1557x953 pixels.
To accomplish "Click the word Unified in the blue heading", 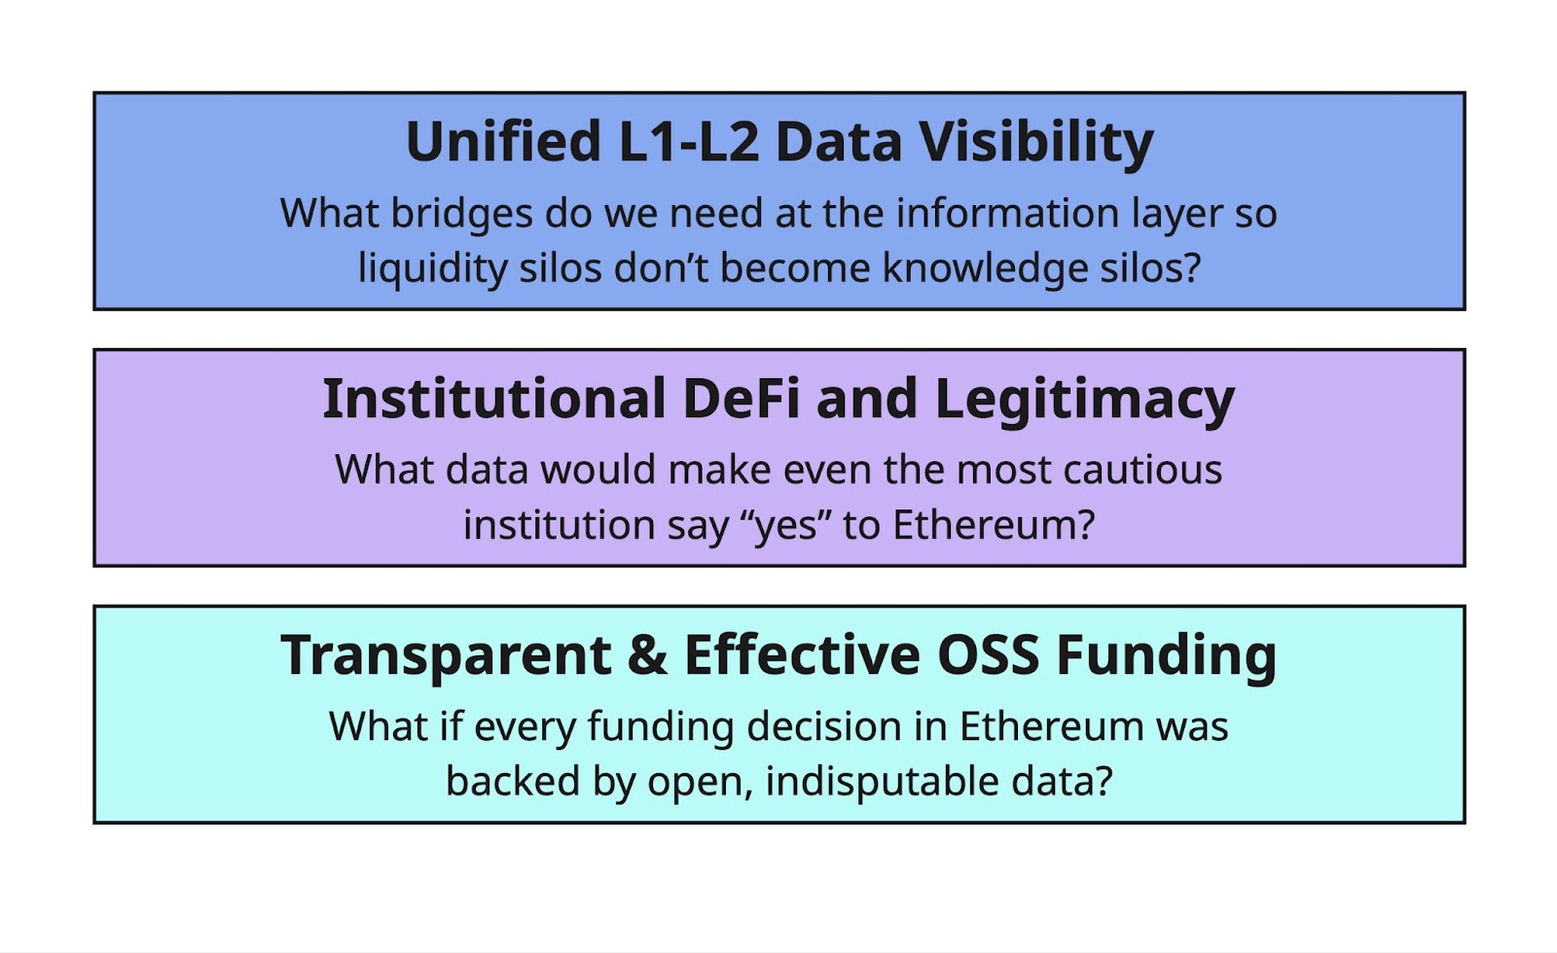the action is click(503, 141).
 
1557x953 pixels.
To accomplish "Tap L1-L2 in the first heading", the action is click(688, 141).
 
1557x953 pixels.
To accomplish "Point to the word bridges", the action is click(461, 213).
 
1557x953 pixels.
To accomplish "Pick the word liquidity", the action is click(432, 268).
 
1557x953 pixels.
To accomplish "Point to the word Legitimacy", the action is click(1085, 401).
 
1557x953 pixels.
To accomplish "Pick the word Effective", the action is click(803, 655).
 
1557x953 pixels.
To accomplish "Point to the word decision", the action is click(824, 727).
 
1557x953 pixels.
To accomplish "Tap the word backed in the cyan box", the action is click(513, 782).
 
